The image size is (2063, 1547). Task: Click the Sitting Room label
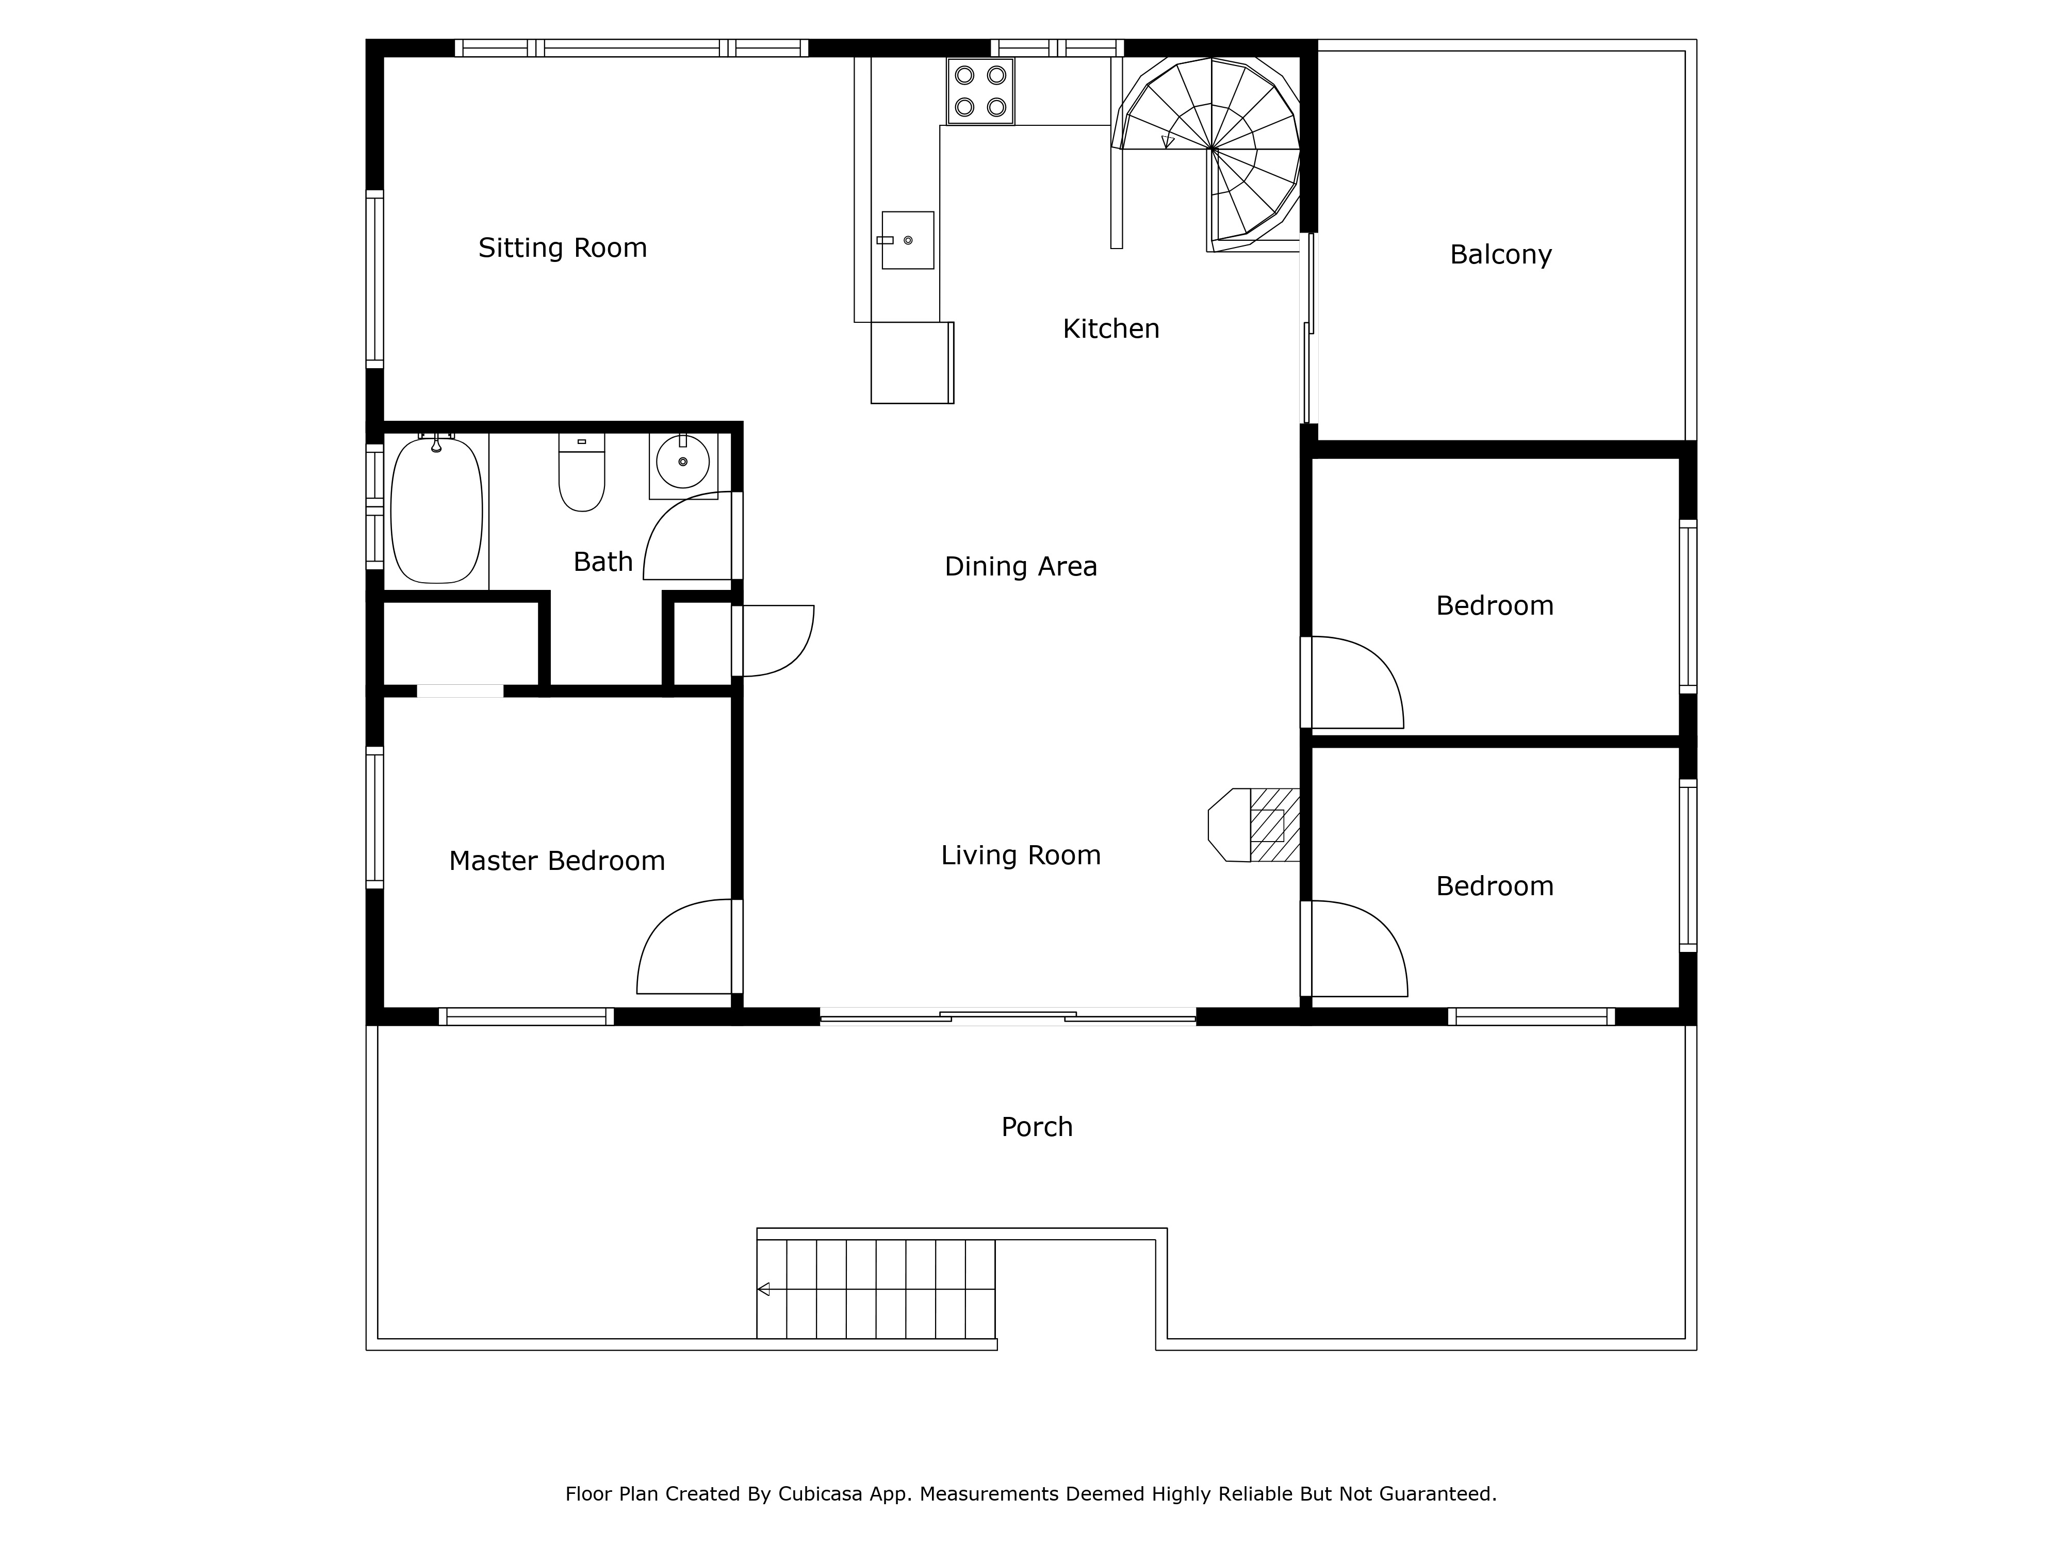562,248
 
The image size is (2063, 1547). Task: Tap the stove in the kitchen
980,91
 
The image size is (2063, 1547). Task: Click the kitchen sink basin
907,240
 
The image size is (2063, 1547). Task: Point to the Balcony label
1501,255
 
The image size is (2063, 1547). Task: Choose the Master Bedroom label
557,861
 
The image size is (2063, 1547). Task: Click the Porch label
1037,1127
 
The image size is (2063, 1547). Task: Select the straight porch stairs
876,1290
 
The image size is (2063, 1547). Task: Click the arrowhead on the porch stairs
763,1290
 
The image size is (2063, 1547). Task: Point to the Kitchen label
1111,329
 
